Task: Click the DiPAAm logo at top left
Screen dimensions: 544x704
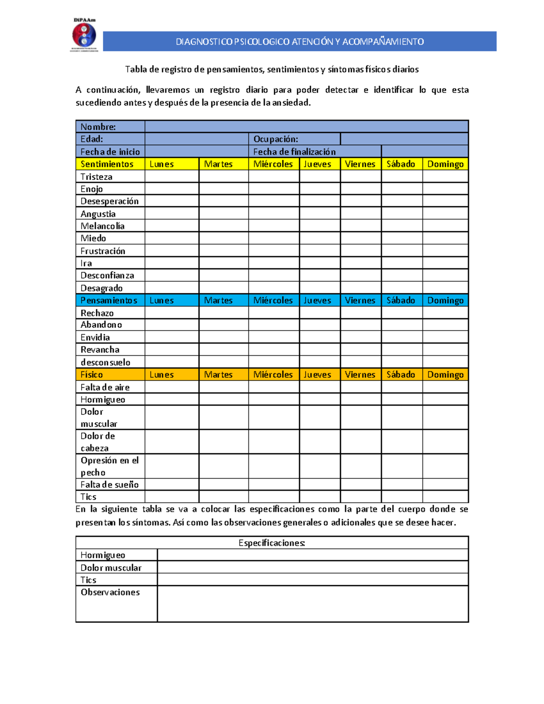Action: click(84, 35)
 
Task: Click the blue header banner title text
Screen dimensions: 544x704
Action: click(300, 42)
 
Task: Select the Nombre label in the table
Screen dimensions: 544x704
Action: click(98, 127)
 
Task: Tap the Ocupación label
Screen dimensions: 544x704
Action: click(276, 139)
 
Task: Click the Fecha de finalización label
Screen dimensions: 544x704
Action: click(294, 152)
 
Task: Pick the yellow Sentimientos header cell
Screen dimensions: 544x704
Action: click(107, 164)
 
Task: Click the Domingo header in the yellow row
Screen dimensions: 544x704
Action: click(445, 164)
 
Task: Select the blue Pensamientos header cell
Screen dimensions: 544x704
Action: click(109, 300)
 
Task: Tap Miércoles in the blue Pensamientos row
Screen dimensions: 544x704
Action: click(273, 300)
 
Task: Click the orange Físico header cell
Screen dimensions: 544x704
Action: click(92, 374)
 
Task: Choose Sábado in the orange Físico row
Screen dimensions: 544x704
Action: click(401, 374)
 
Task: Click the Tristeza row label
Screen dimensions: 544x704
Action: click(97, 177)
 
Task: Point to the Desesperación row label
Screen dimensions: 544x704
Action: click(110, 201)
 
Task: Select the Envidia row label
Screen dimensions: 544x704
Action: click(95, 337)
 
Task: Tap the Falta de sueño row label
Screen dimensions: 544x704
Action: click(110, 485)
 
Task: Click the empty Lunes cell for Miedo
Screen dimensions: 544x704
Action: click(172, 238)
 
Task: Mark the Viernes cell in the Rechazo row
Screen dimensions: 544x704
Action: click(360, 313)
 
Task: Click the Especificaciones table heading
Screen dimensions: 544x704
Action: click(272, 543)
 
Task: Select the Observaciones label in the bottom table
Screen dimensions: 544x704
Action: click(110, 592)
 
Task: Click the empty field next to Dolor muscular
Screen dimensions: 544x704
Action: click(312, 568)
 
